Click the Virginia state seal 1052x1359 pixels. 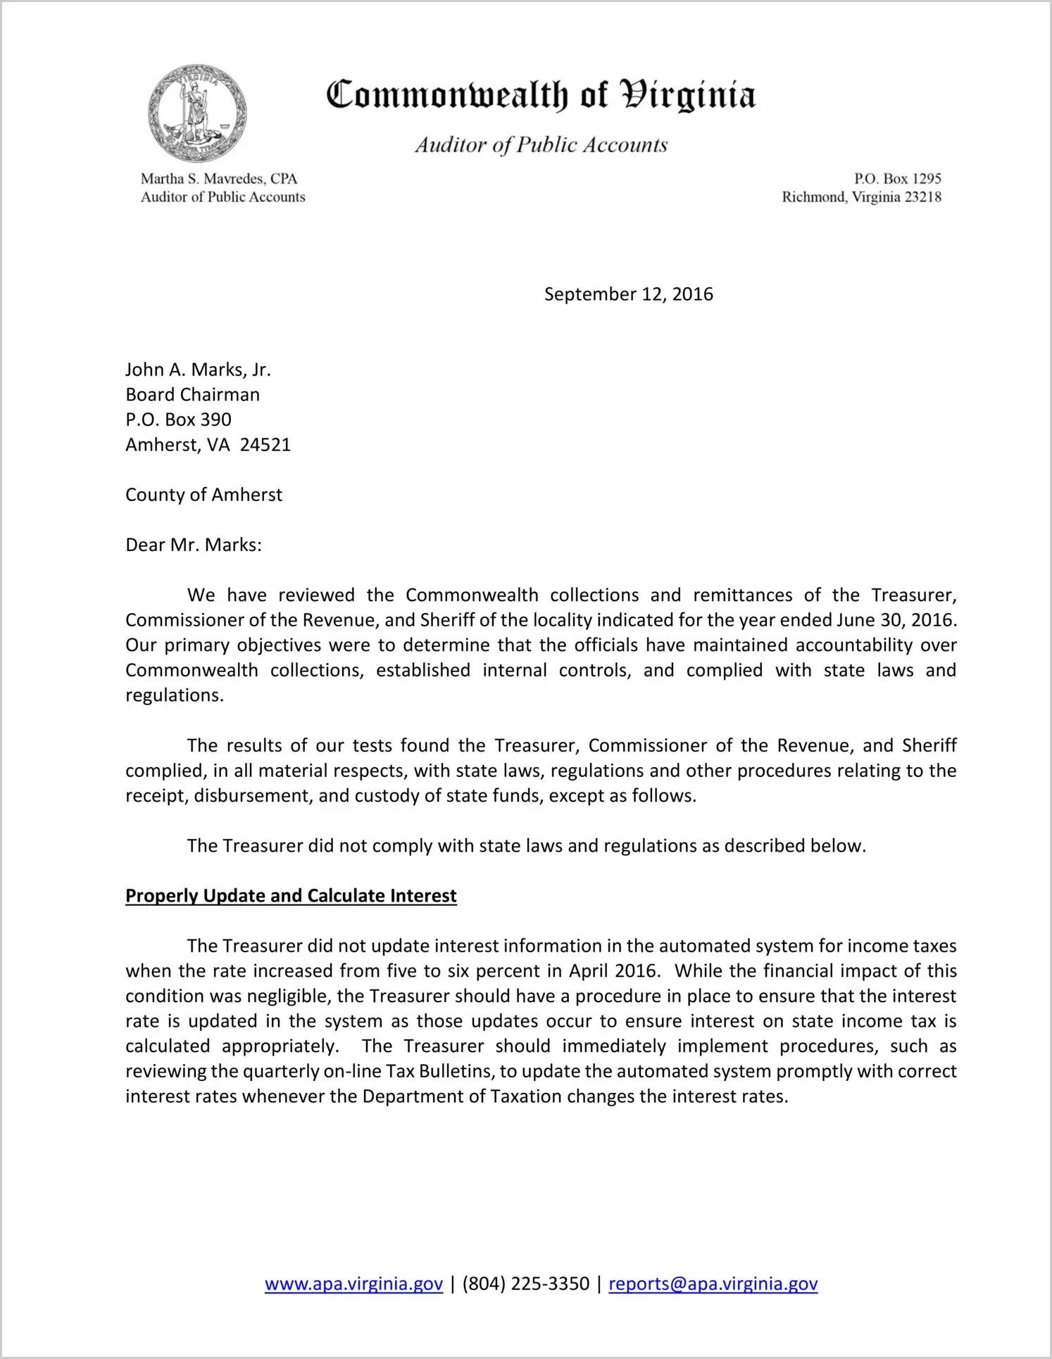click(197, 113)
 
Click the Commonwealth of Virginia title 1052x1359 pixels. click(541, 95)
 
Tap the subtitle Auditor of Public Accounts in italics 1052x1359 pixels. click(541, 145)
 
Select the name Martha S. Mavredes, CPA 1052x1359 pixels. click(219, 179)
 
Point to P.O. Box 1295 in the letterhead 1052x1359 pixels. click(897, 179)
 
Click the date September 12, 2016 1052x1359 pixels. click(628, 294)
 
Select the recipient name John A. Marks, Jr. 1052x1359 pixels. click(198, 369)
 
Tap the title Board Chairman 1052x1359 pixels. click(192, 395)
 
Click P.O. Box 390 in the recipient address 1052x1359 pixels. click(178, 419)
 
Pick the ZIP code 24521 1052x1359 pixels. click(265, 445)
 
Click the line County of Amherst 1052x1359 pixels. click(203, 495)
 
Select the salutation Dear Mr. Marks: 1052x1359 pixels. click(194, 545)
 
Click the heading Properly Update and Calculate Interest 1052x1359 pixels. click(291, 896)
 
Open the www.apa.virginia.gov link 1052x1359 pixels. click(353, 1284)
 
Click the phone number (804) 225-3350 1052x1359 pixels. click(526, 1284)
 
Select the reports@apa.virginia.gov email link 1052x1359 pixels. click(713, 1284)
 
